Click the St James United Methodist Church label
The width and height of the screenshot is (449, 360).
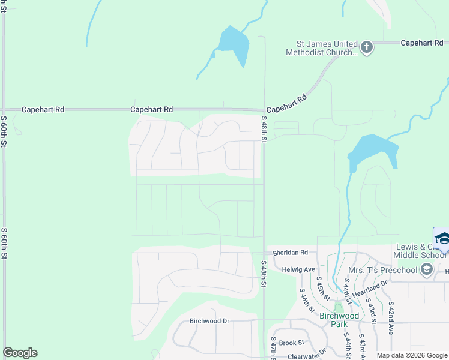[328, 48]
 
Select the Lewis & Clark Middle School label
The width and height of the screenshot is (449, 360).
[421, 251]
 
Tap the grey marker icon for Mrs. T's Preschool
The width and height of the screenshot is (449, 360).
[427, 269]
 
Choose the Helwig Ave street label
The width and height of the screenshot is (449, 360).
[298, 269]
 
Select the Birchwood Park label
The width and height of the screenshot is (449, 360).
[339, 320]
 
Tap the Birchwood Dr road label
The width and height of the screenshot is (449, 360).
[209, 321]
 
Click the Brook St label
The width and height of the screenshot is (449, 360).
[292, 343]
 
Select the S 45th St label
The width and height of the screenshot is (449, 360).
[323, 289]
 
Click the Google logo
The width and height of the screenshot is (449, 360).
[20, 353]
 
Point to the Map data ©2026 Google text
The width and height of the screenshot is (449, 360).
[411, 355]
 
